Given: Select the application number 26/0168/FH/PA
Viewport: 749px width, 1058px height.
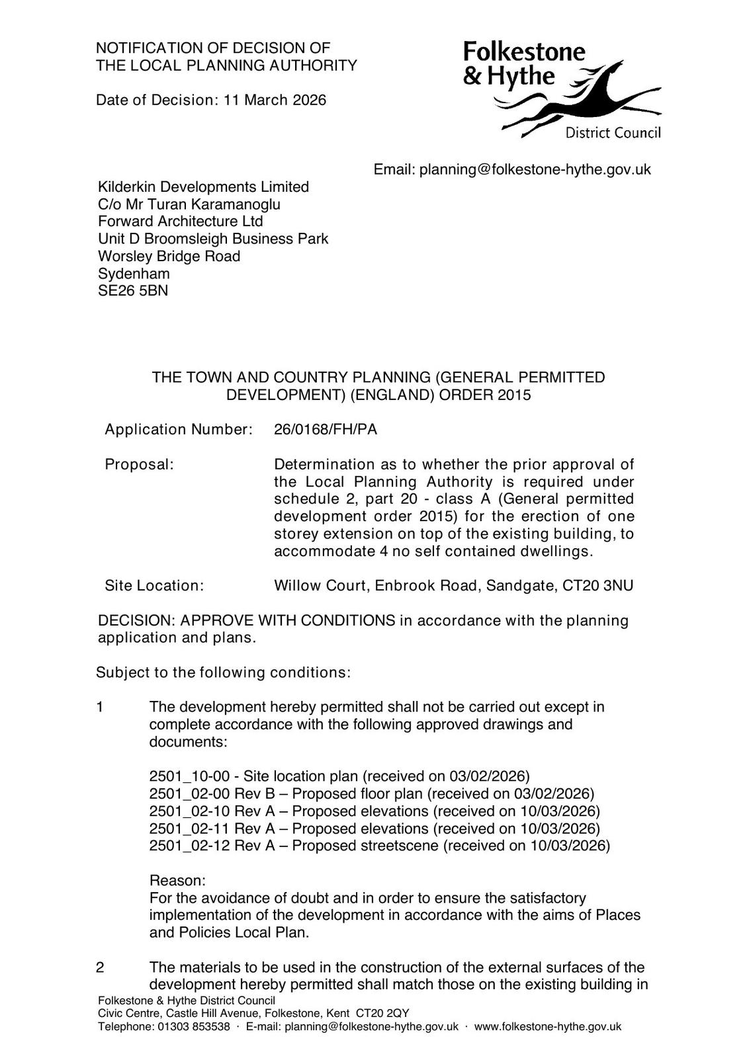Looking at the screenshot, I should pos(326,430).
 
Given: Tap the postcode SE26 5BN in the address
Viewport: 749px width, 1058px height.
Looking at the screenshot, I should pos(133,291).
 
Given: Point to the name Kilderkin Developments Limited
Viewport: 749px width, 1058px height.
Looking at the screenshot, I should pos(203,187).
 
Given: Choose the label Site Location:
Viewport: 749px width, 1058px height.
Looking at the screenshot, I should pos(154,586).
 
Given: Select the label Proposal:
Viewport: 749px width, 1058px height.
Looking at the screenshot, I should pos(139,465).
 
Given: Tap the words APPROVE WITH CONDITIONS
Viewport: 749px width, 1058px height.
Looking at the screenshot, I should pos(288,621).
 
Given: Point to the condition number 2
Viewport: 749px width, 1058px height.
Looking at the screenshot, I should pos(100,967).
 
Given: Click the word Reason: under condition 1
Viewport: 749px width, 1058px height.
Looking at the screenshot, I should pos(177,881).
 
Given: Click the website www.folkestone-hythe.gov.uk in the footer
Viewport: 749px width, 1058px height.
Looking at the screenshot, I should pos(548,1027).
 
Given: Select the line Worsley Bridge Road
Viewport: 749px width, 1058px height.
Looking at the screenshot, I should pos(169,257).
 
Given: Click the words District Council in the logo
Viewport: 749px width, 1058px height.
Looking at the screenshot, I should pos(613,134).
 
